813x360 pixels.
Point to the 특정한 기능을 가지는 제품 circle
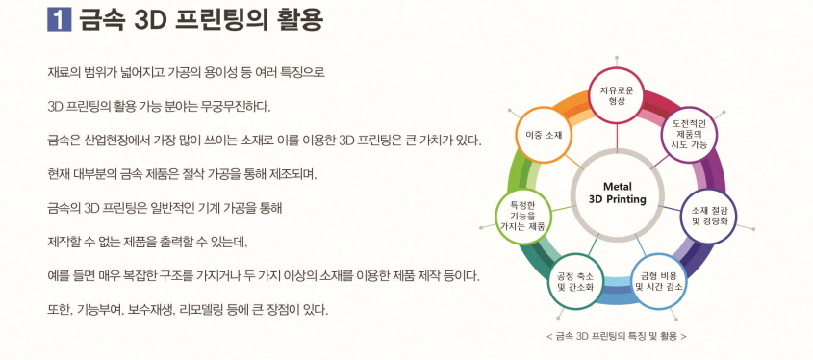click(521, 213)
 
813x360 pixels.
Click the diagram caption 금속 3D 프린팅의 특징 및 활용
click(615, 337)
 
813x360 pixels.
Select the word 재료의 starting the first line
click(64, 71)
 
